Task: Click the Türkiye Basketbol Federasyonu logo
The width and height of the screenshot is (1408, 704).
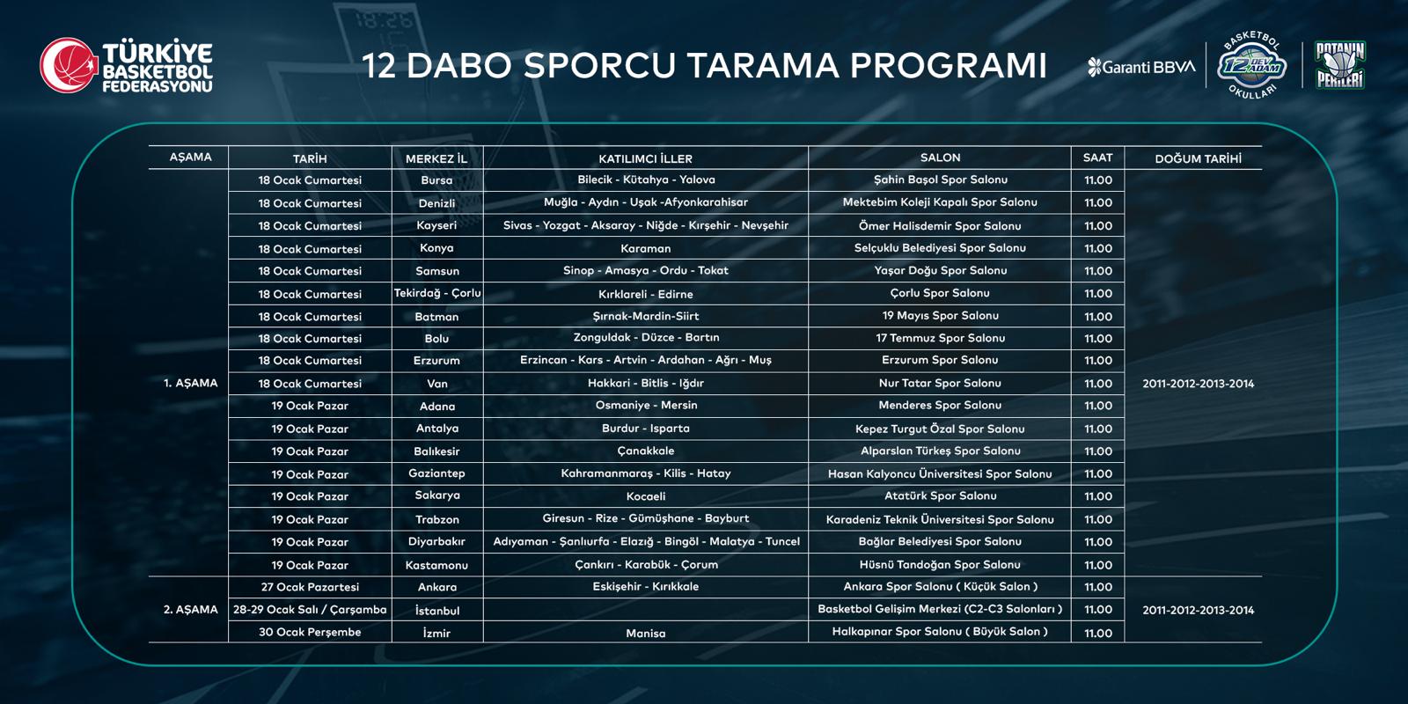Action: click(x=127, y=65)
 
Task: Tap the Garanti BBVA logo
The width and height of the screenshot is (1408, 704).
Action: click(x=1140, y=67)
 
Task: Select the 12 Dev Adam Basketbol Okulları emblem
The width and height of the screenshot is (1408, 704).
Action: click(x=1252, y=65)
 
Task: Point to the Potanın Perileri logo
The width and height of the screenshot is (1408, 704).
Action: click(x=1340, y=65)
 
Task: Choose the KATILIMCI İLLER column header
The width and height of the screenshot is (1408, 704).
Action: click(x=646, y=158)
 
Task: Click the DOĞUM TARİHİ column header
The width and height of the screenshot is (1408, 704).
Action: click(x=1198, y=158)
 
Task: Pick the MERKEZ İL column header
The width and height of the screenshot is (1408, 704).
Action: click(x=436, y=158)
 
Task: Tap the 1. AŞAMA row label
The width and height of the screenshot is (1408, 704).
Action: click(x=190, y=383)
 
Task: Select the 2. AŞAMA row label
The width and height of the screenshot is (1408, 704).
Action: click(x=190, y=609)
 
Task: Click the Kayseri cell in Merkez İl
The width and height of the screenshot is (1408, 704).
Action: click(x=436, y=225)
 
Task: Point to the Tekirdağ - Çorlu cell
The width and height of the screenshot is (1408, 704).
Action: click(x=436, y=293)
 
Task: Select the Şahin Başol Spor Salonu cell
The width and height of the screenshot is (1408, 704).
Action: click(x=941, y=180)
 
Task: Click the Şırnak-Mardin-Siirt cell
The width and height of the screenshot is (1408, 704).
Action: click(x=646, y=316)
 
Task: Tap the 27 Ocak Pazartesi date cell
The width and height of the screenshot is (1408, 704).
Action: click(x=310, y=586)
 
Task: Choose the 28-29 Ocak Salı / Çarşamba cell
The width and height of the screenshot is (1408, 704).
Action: click(x=310, y=610)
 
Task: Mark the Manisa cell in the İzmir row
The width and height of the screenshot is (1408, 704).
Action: click(x=646, y=633)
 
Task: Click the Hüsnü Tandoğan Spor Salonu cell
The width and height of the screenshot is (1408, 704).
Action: click(x=941, y=564)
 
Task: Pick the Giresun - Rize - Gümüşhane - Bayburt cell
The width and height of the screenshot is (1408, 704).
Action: click(x=646, y=518)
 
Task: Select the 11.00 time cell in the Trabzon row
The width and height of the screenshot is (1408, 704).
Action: click(x=1098, y=519)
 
